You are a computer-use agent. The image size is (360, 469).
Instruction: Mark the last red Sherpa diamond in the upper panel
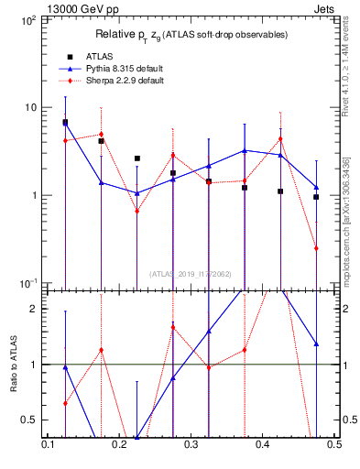[316, 248]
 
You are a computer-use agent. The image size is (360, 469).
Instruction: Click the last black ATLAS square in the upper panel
[316, 197]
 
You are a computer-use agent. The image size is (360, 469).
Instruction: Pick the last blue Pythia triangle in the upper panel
[316, 187]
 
